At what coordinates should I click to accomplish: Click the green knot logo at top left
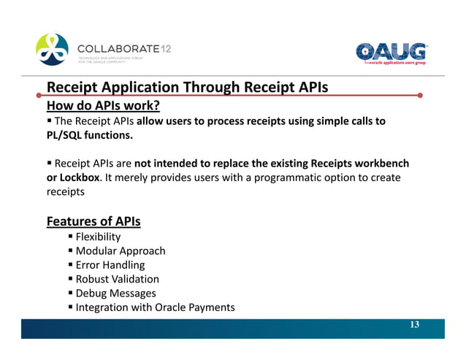tap(53, 49)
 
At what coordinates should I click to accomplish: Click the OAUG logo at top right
tap(391, 53)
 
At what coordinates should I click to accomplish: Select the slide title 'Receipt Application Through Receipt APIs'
tap(187, 88)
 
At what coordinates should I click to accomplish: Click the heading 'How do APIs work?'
tap(103, 105)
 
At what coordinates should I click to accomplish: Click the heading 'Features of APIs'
tap(93, 221)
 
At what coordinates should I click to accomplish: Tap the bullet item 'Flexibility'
tap(98, 237)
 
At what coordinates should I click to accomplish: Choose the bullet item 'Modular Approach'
tap(121, 250)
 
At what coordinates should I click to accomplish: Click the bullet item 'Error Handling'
tap(110, 265)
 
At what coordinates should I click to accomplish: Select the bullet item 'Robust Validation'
tap(117, 279)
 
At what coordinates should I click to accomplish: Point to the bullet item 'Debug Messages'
tap(115, 293)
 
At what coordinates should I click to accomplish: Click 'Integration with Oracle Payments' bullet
tap(155, 307)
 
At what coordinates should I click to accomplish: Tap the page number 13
tap(414, 324)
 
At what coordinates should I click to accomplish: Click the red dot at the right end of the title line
tap(420, 95)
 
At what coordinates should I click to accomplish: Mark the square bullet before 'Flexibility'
tap(71, 237)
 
